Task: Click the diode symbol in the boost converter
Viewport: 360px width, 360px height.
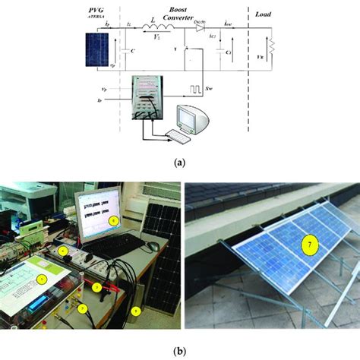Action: coord(201,31)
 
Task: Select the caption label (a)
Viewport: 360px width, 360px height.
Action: coord(179,161)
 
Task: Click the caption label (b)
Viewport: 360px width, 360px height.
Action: coord(179,352)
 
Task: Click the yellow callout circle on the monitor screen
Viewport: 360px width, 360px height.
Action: coord(113,221)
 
